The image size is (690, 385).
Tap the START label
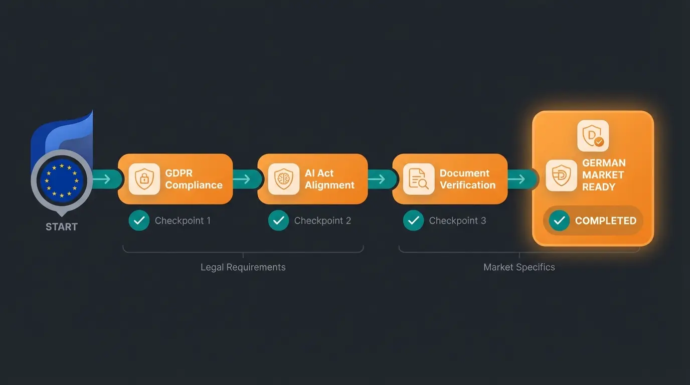tap(62, 227)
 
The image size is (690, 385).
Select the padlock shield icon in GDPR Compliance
tap(144, 178)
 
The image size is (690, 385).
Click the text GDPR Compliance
tap(194, 179)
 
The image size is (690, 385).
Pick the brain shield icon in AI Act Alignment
tap(283, 178)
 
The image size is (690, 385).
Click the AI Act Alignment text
tap(329, 179)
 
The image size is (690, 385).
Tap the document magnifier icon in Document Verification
tap(418, 178)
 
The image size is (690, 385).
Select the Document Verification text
tap(467, 179)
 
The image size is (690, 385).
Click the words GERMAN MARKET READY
tap(604, 175)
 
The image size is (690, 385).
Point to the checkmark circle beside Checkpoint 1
tap(139, 221)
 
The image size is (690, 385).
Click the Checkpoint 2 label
tap(322, 221)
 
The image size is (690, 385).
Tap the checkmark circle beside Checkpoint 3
tap(413, 221)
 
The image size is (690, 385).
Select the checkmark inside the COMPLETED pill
tap(559, 221)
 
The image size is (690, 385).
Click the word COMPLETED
tap(605, 221)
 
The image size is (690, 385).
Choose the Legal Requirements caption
tap(243, 267)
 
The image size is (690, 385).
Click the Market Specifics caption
tap(519, 267)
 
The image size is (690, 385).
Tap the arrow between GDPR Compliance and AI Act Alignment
tap(242, 179)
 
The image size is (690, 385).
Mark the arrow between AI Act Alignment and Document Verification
tap(377, 179)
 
